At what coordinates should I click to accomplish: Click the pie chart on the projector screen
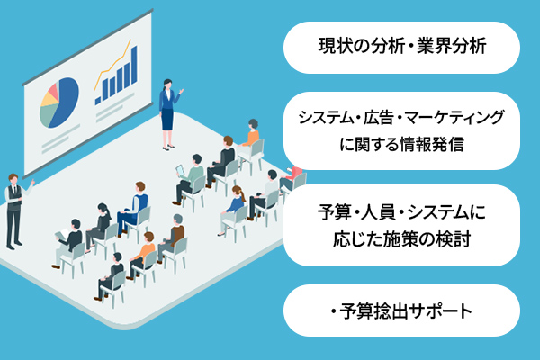[59, 103]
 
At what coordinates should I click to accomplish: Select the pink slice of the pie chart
[53, 90]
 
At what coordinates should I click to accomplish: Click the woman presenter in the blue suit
[169, 114]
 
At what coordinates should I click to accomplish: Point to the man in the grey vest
[15, 211]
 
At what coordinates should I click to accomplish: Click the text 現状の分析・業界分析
[402, 47]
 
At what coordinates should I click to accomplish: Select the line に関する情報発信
[401, 144]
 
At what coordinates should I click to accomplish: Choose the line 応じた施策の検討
[401, 239]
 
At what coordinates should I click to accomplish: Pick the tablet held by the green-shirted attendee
[180, 170]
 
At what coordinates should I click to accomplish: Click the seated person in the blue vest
[133, 209]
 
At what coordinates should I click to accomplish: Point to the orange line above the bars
[113, 65]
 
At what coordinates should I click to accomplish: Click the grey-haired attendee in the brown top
[172, 237]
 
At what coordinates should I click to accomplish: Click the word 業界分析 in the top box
[452, 47]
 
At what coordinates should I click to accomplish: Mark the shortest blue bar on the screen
[98, 101]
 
